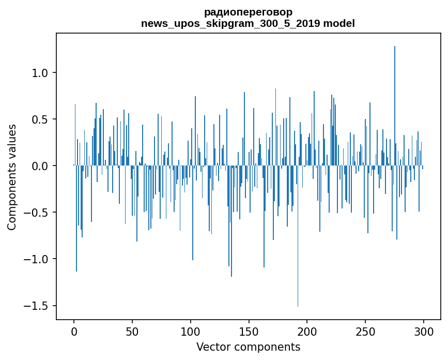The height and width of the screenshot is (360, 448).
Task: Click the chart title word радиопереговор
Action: (248, 12)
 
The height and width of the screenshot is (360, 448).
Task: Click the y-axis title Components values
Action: (12, 177)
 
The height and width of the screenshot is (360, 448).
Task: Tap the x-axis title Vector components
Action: (248, 347)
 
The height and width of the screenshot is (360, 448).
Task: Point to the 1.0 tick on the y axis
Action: (40, 73)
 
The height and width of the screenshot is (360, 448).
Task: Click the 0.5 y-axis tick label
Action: (40, 119)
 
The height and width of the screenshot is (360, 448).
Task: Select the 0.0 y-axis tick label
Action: (40, 166)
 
